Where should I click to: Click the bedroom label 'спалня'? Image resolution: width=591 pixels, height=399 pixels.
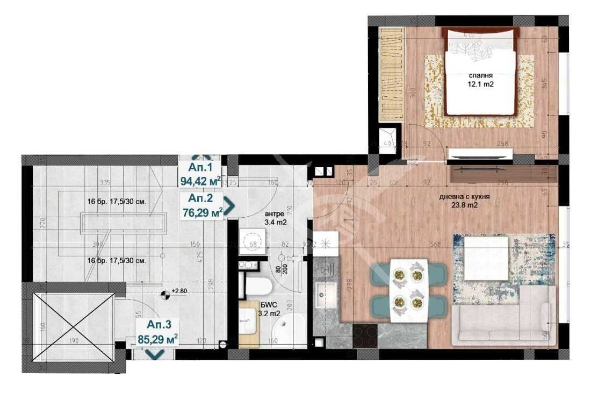[x=480, y=76]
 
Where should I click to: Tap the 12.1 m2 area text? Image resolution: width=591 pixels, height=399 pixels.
[x=480, y=84]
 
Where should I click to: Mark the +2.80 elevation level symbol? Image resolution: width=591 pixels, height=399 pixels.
[x=166, y=293]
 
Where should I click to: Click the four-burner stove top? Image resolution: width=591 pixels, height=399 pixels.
[x=364, y=337]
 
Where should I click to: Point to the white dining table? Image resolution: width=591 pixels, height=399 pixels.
[x=408, y=290]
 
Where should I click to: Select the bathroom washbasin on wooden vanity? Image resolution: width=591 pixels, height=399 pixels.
[x=249, y=323]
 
